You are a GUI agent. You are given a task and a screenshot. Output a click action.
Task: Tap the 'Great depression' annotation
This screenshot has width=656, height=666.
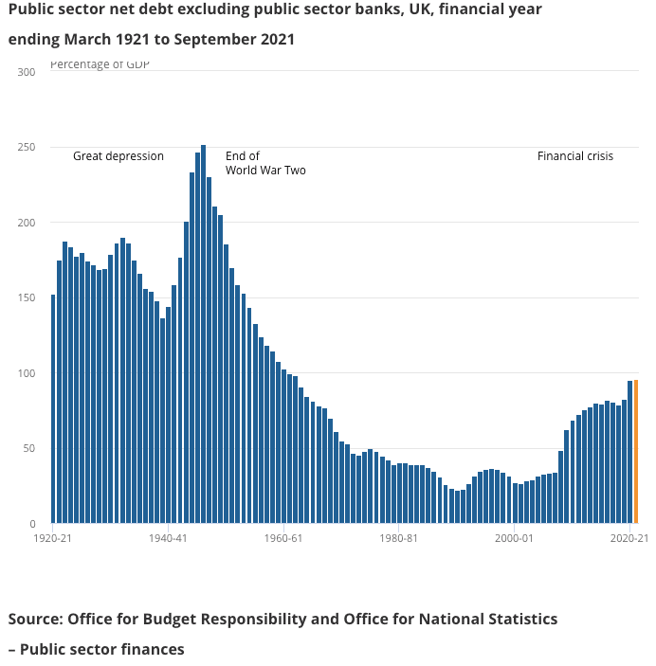118,156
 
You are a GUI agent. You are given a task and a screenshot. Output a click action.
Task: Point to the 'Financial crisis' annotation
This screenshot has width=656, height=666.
575,156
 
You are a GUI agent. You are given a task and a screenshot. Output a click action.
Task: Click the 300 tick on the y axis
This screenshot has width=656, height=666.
27,72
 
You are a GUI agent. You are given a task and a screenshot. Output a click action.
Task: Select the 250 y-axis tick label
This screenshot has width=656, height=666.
27,148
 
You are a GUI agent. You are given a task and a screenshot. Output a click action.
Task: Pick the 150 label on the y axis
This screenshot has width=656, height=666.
27,298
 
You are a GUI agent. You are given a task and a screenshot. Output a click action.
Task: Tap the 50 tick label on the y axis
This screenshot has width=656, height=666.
29,449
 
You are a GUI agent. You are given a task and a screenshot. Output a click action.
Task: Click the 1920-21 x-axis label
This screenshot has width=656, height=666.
53,538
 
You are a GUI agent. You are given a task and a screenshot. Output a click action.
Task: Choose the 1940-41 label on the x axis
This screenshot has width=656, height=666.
168,538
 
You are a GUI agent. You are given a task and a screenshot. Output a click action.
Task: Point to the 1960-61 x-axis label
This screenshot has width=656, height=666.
283,538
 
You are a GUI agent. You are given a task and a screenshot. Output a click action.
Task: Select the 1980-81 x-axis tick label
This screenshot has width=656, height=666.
398,538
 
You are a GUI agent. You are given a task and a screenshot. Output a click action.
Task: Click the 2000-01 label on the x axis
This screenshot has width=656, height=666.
514,538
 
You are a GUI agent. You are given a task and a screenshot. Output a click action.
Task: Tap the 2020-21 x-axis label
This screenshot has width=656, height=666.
629,538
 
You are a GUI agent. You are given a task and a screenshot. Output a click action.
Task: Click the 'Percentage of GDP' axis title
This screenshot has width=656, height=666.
100,64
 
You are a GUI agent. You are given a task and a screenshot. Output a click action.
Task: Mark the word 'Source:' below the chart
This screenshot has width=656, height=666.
35,619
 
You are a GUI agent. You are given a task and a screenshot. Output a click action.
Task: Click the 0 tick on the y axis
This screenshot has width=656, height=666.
32,524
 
